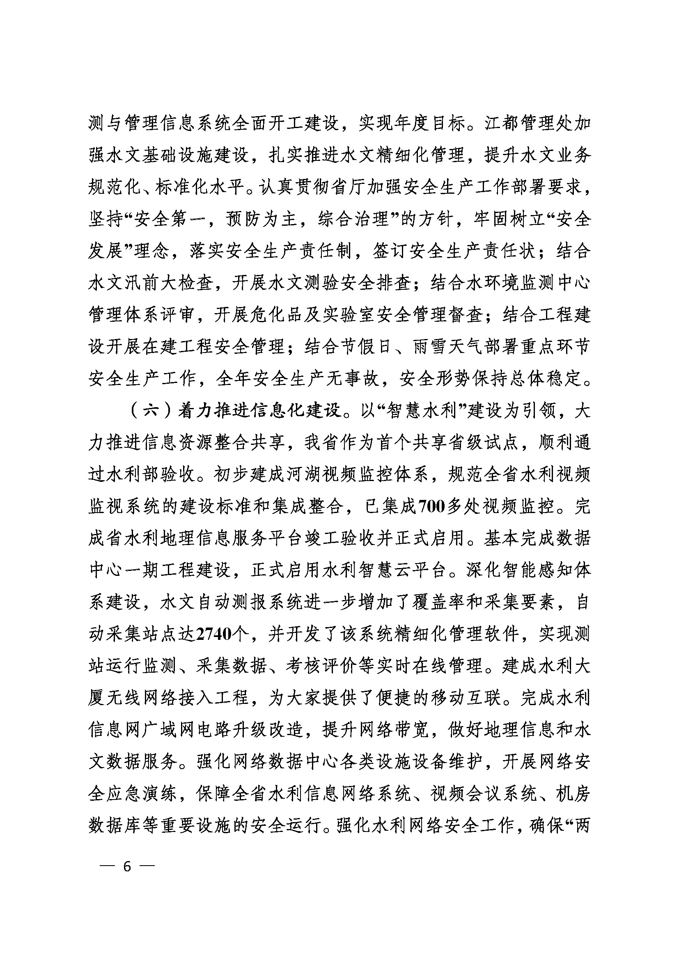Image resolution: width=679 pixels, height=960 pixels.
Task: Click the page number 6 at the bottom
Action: point(127,867)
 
